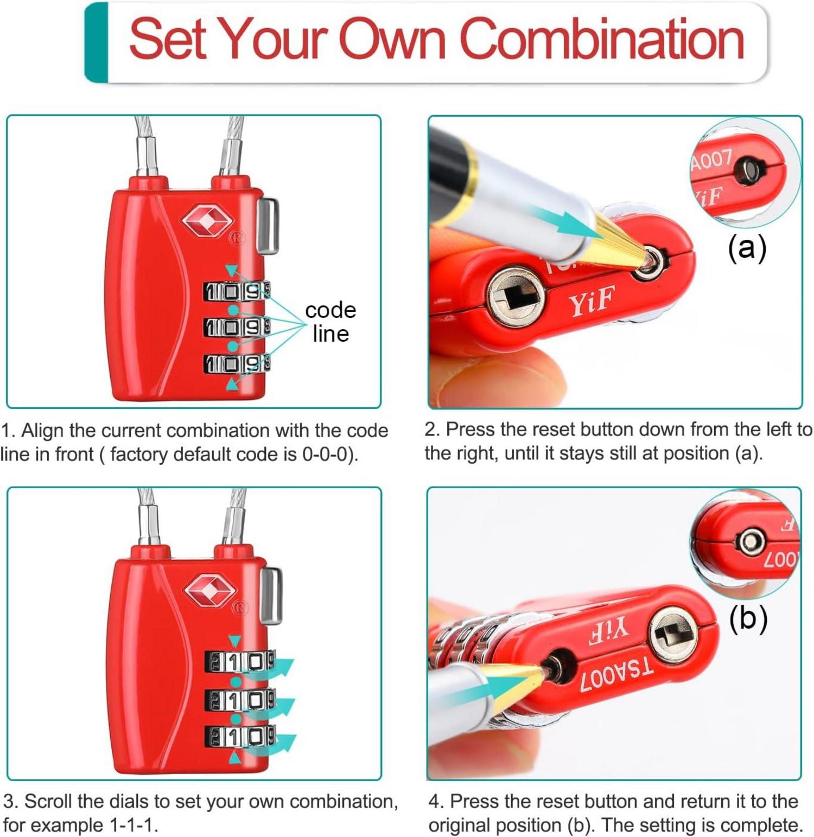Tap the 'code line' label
pyautogui.click(x=330, y=322)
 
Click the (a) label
pyautogui.click(x=747, y=248)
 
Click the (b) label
pyautogui.click(x=748, y=618)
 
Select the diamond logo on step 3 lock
pyautogui.click(x=210, y=591)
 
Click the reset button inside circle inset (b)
pyautogui.click(x=751, y=541)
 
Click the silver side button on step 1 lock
pyautogui.click(x=269, y=226)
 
